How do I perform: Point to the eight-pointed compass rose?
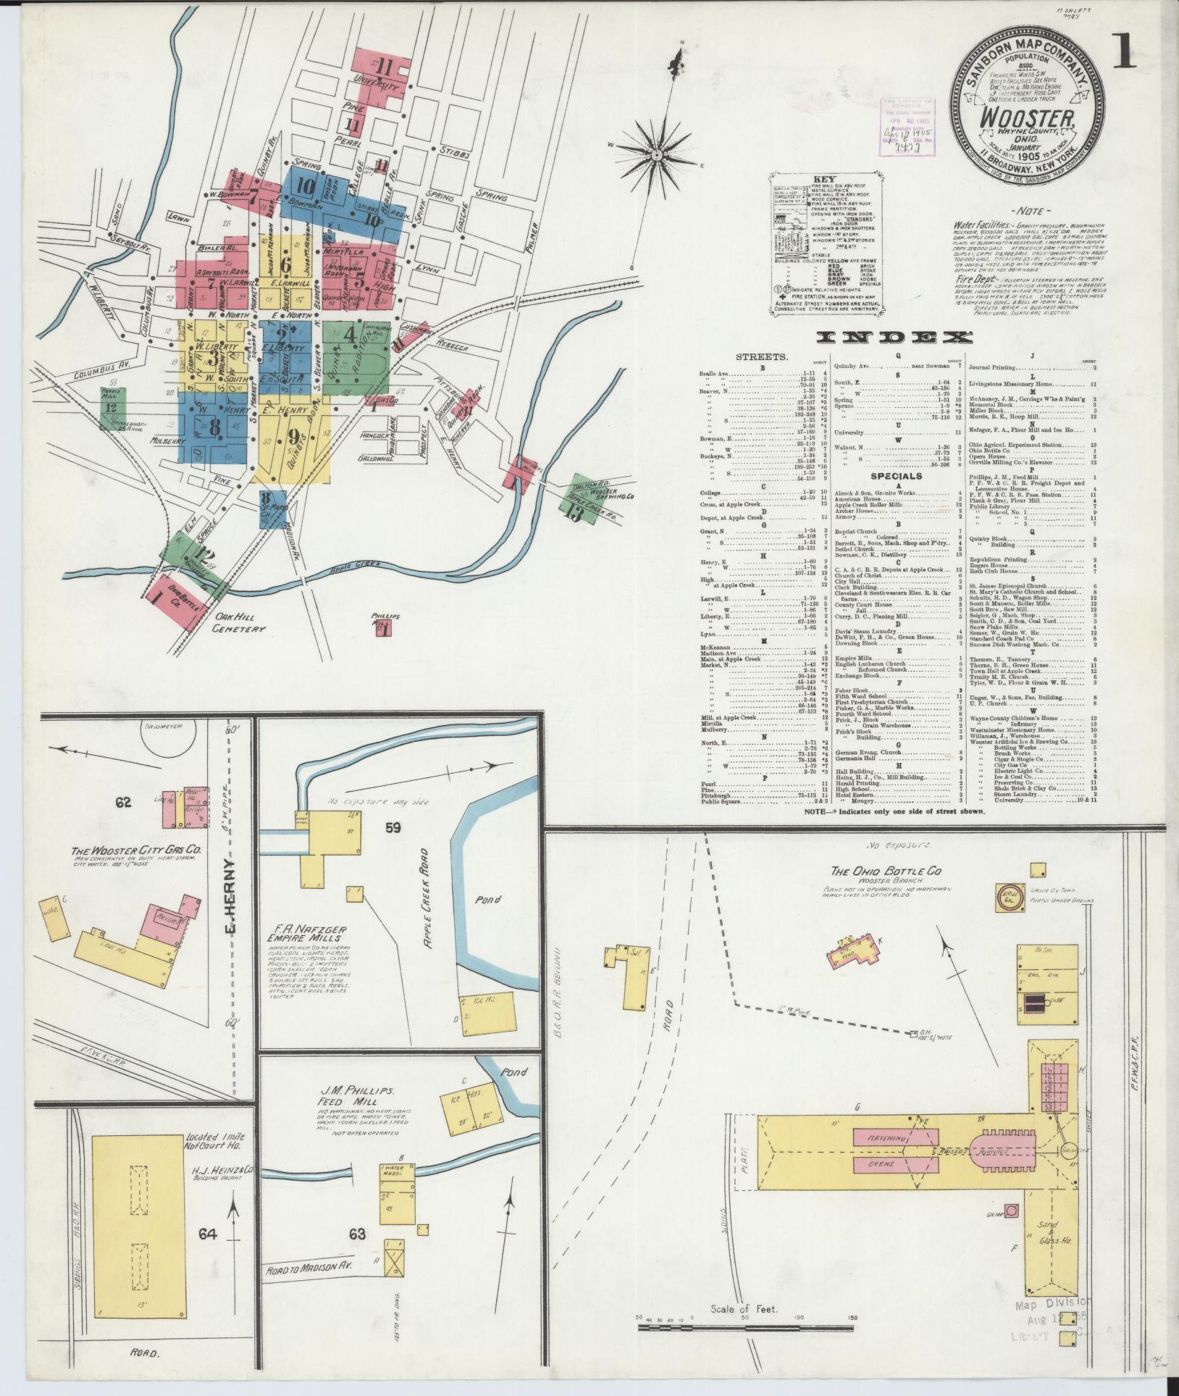coord(658,154)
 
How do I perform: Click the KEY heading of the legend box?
coord(824,178)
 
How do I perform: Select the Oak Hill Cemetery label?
coord(238,624)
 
